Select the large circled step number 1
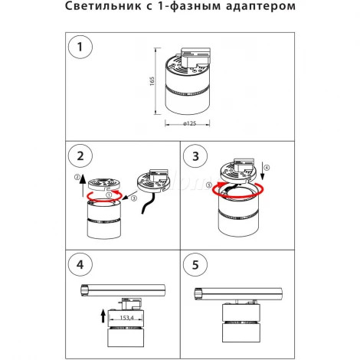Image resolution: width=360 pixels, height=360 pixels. tap(77, 47)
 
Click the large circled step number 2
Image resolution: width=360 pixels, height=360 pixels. tap(77, 158)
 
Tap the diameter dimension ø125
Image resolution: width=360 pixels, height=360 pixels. tap(182, 124)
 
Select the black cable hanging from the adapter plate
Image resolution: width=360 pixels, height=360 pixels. tap(158, 201)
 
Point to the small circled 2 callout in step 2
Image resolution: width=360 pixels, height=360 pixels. tap(77, 178)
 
